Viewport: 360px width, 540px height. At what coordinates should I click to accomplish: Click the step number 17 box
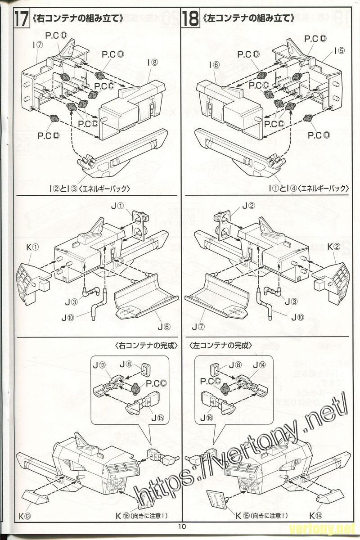pyautogui.click(x=19, y=18)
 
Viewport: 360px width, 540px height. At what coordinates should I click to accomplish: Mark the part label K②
pyautogui.click(x=333, y=247)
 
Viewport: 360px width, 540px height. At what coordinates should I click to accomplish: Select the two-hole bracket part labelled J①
pyautogui.click(x=140, y=225)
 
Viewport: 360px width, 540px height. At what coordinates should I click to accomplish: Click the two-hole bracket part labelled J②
pyautogui.click(x=222, y=225)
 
